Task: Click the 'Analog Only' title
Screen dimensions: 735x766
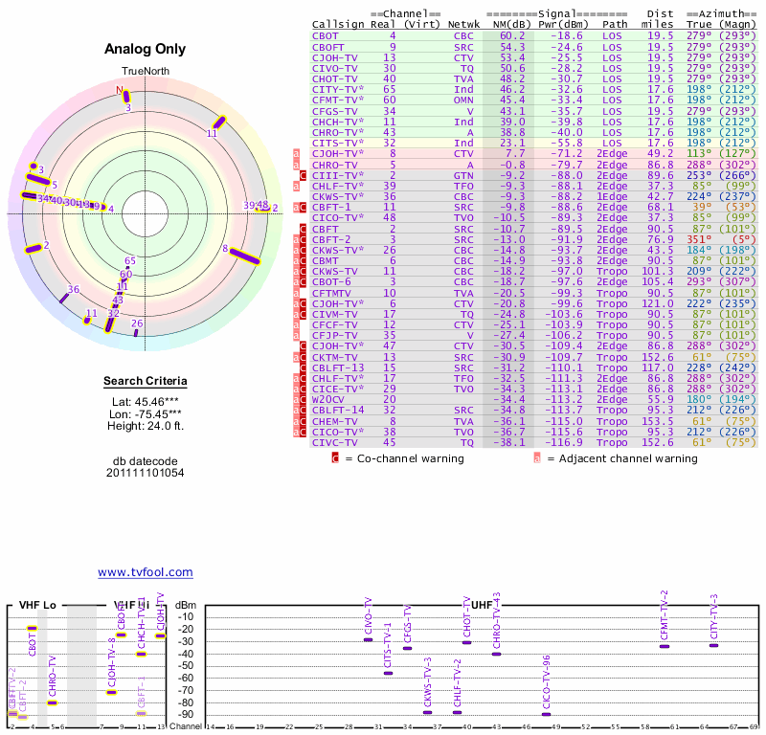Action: pyautogui.click(x=145, y=49)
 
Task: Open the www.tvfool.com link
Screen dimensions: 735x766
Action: pyautogui.click(x=145, y=572)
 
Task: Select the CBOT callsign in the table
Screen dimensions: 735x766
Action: pyautogui.click(x=325, y=35)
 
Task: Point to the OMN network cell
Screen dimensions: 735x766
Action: pyautogui.click(x=462, y=99)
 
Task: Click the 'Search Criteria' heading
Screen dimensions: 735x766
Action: pyautogui.click(x=145, y=382)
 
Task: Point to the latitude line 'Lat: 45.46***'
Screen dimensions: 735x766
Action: pyautogui.click(x=145, y=402)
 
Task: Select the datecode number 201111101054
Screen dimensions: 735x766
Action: pyautogui.click(x=145, y=473)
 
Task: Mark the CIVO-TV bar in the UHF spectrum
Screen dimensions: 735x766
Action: pyautogui.click(x=369, y=639)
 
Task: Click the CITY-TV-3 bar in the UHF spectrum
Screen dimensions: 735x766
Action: pyautogui.click(x=713, y=645)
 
